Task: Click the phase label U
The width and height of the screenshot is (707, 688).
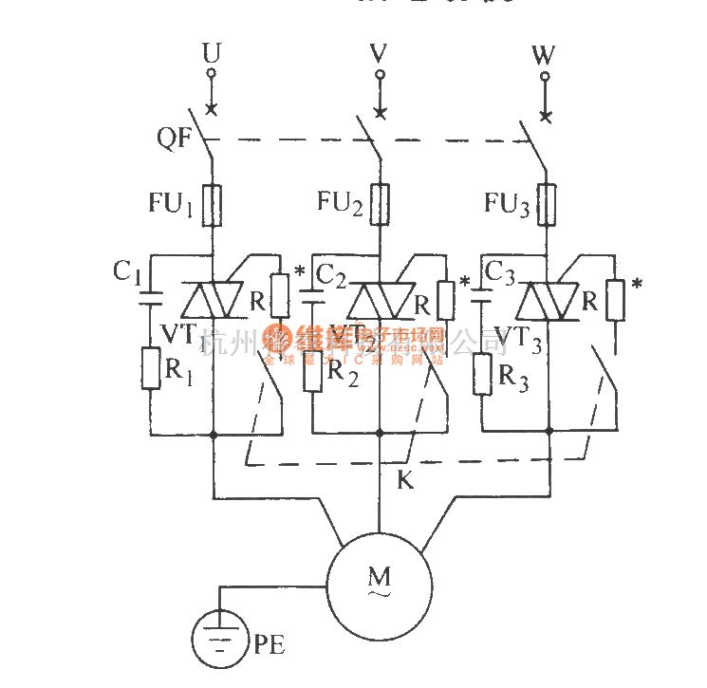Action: [x=212, y=53]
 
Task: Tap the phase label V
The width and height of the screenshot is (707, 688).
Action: [x=380, y=53]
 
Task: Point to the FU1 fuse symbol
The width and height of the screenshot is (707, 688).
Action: [x=214, y=204]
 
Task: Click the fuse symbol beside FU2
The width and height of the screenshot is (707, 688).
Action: [x=380, y=204]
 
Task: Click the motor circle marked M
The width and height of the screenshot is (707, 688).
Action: [x=380, y=577]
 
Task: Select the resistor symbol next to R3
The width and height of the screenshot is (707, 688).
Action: [x=482, y=372]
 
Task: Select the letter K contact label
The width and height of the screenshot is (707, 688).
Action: [x=405, y=480]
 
